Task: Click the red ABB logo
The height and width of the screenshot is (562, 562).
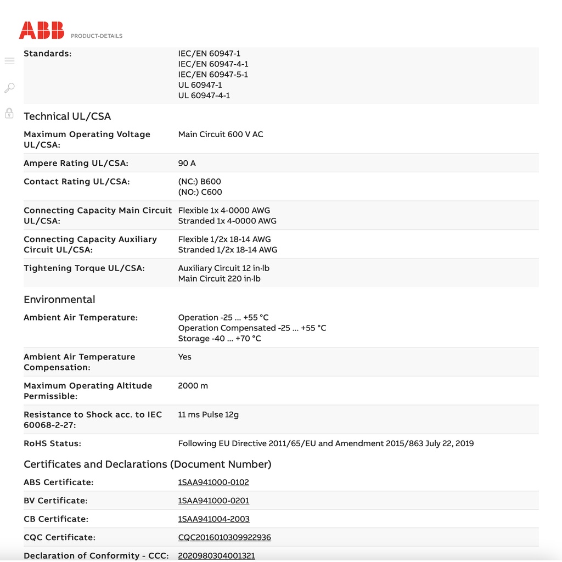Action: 42,30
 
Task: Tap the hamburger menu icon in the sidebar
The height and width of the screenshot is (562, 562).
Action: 9,61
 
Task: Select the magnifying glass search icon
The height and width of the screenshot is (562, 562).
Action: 9,88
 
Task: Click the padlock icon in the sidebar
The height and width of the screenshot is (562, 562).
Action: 9,114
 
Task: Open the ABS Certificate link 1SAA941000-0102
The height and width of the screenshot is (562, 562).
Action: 213,482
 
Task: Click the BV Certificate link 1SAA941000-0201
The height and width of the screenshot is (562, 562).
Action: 213,501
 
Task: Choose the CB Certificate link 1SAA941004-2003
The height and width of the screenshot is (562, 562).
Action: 213,519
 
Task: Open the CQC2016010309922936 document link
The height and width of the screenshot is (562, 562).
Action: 224,537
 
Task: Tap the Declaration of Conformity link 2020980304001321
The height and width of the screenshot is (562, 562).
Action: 216,555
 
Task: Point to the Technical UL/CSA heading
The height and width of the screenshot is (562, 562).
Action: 67,116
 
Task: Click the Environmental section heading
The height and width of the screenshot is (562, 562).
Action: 59,300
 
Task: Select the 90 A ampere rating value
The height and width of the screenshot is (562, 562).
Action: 187,164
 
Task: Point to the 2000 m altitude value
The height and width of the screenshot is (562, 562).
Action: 193,386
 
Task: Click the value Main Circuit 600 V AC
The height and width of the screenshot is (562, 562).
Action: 221,134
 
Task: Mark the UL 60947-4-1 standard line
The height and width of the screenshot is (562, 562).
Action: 204,95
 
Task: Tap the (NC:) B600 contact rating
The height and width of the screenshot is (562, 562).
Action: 200,182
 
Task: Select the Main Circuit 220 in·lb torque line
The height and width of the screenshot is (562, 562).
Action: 219,279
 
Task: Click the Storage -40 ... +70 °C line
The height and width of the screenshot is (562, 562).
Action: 220,339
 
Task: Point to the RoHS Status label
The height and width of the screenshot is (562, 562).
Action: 52,443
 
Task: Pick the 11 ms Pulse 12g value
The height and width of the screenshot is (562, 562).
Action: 209,415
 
